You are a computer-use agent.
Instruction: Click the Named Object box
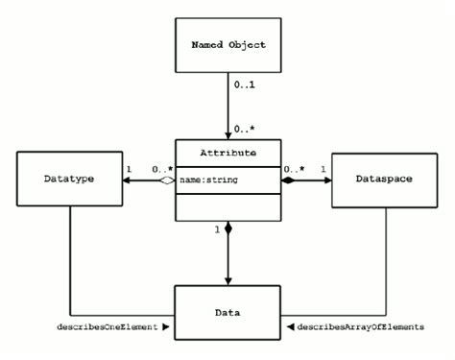(x=227, y=44)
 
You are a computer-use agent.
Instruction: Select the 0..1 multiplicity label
(x=244, y=86)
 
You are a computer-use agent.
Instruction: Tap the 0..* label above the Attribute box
(x=244, y=127)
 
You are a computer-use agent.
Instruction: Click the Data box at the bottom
(x=227, y=312)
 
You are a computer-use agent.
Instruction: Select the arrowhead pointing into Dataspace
(x=325, y=178)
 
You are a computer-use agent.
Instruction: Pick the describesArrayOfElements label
(x=360, y=327)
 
